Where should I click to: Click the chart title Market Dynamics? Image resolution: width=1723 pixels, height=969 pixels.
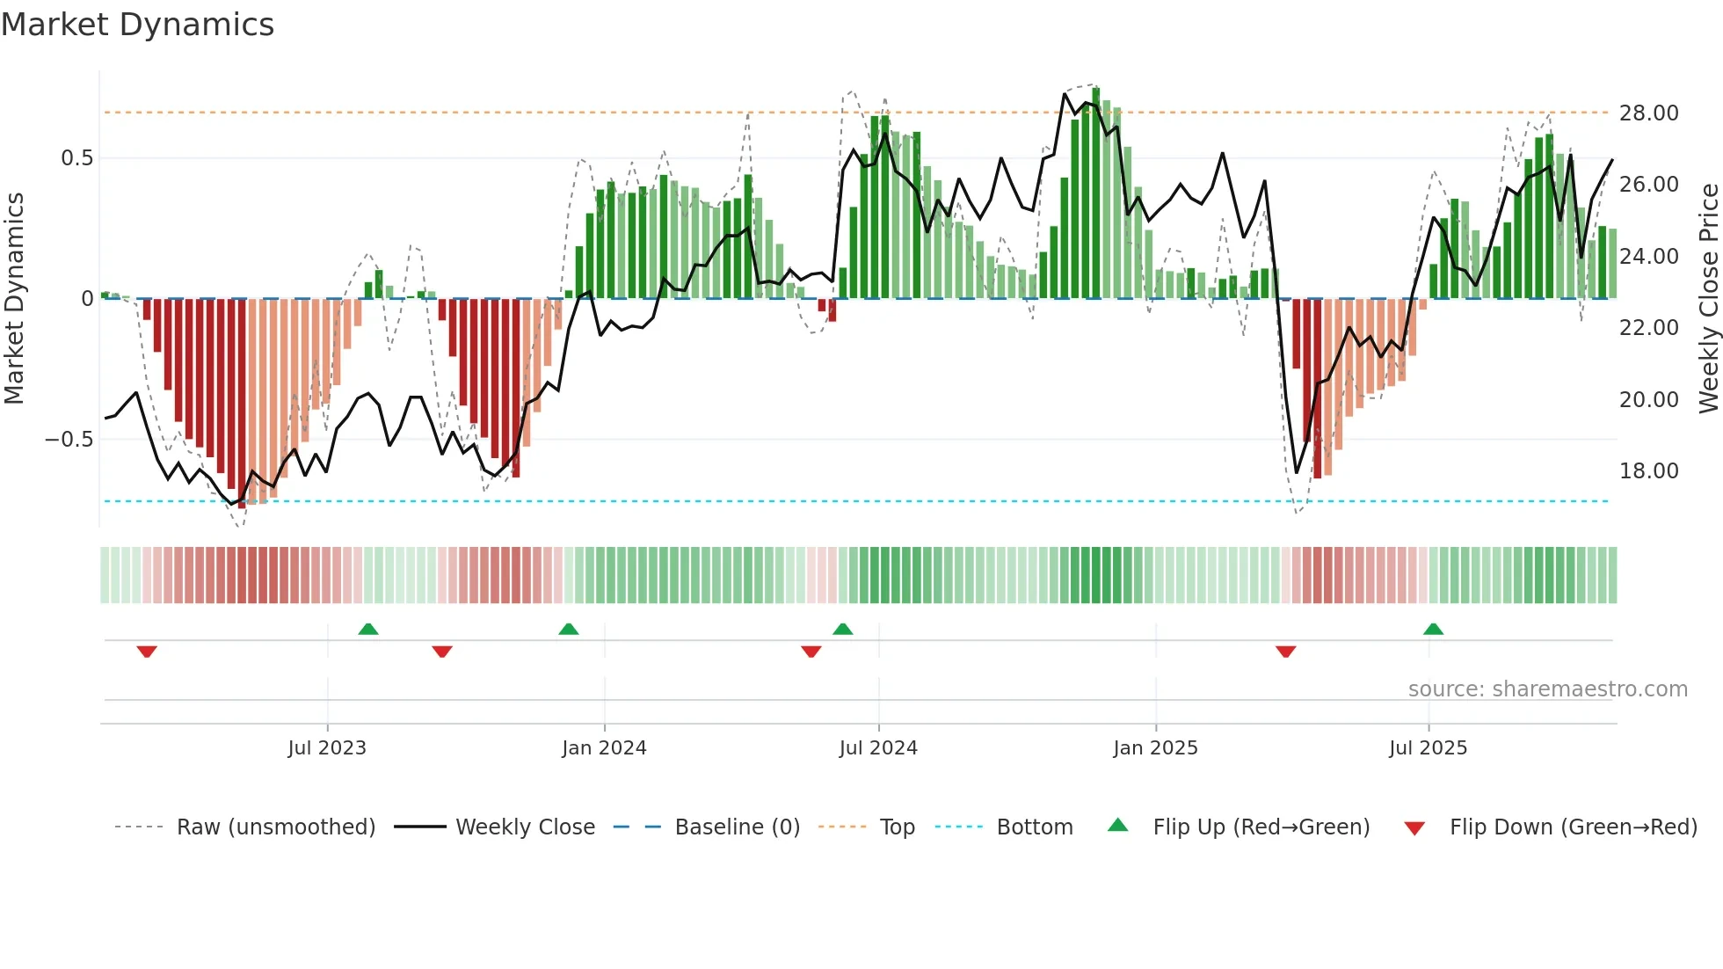(137, 25)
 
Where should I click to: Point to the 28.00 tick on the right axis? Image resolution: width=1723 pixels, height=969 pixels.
(1648, 113)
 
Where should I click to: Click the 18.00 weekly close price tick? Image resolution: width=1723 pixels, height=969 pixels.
(1648, 471)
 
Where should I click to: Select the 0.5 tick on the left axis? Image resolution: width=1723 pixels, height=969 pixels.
(76, 158)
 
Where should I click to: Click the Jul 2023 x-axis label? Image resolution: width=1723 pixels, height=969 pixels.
(326, 748)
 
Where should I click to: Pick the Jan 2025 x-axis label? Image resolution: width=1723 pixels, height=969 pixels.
(1154, 748)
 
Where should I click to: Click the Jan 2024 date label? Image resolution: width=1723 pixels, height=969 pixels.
(604, 748)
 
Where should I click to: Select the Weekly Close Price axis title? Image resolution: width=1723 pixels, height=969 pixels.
(1708, 298)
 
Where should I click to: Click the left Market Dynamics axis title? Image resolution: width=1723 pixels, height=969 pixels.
(14, 298)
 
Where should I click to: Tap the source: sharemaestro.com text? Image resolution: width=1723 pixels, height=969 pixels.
(1547, 689)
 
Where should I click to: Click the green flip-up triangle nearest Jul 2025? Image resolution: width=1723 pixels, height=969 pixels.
(1433, 630)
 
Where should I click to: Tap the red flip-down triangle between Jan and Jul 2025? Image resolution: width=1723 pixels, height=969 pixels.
(1285, 652)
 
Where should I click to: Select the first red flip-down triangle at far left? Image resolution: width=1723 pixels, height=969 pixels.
(147, 652)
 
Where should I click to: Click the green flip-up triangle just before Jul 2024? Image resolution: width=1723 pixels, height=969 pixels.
(842, 630)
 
